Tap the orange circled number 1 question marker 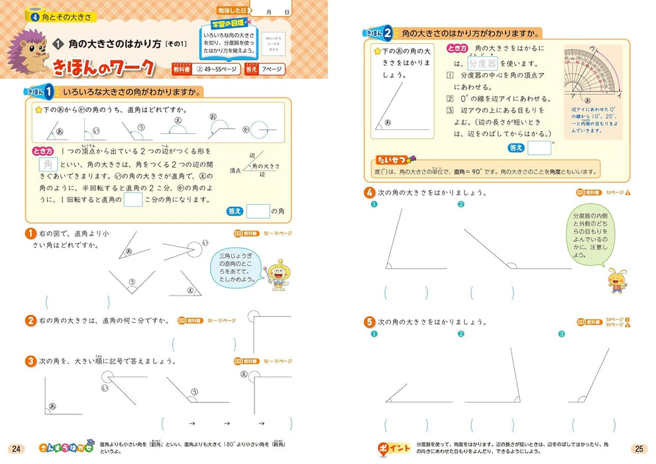click(x=30, y=233)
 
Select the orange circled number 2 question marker click(x=30, y=320)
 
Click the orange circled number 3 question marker click(x=30, y=361)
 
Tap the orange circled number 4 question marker click(x=368, y=192)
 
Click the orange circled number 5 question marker click(x=368, y=321)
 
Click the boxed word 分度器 click(x=482, y=63)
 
